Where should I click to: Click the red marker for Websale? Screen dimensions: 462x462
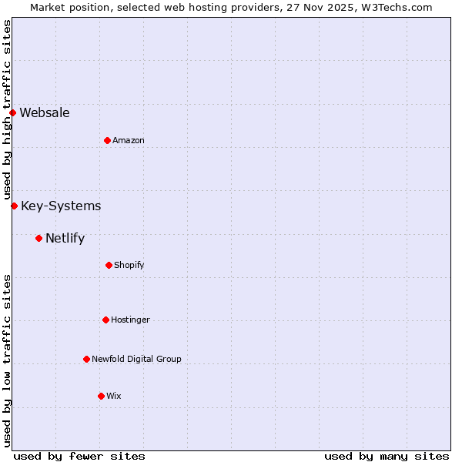(12, 113)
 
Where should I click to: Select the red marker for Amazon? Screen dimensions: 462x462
(107, 140)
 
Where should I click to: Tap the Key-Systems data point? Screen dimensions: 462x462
(14, 206)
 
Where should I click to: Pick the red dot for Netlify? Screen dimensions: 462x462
(38, 238)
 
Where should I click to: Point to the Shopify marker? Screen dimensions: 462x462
(109, 265)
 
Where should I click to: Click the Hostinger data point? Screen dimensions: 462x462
(105, 320)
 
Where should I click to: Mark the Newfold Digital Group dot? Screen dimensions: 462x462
(86, 359)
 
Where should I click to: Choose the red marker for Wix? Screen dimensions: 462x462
(101, 396)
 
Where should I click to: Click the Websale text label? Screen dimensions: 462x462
(45, 113)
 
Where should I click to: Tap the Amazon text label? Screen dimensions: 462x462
(129, 141)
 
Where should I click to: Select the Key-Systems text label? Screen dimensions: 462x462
(61, 206)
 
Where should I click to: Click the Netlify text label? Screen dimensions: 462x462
(65, 238)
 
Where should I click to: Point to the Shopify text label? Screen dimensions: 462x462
(129, 266)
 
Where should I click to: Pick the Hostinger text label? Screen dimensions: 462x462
(130, 320)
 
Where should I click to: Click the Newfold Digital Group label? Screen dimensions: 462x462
(136, 360)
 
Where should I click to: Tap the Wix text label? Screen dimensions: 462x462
(114, 397)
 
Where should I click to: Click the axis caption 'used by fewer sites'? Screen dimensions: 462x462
(79, 456)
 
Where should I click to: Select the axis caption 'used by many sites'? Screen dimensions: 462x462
(387, 456)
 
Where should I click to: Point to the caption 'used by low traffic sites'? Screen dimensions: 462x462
(8, 360)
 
